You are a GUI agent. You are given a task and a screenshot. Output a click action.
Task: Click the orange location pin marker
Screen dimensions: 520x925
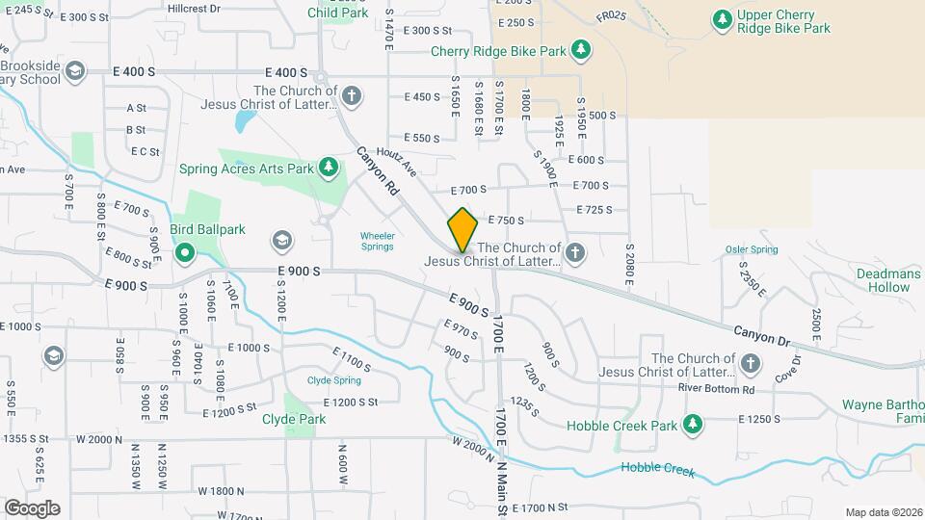click(462, 230)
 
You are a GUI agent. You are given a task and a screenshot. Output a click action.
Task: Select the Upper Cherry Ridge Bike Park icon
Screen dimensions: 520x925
click(722, 19)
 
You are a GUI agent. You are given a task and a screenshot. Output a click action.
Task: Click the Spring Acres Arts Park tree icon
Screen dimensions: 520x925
click(330, 168)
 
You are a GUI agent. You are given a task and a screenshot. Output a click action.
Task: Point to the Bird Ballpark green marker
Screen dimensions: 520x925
click(185, 253)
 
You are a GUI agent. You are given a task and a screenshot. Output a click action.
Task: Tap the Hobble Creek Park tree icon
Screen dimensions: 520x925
click(692, 425)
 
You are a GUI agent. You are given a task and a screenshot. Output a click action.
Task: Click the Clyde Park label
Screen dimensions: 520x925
click(294, 419)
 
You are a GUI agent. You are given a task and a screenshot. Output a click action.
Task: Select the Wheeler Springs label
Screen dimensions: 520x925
click(377, 241)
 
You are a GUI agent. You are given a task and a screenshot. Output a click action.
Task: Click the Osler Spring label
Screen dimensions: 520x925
click(752, 249)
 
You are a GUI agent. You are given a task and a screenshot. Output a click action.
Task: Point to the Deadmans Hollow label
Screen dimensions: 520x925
click(888, 280)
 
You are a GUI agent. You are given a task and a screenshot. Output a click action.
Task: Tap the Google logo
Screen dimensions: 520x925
click(32, 507)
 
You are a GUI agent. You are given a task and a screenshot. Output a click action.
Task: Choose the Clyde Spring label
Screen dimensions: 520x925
click(333, 380)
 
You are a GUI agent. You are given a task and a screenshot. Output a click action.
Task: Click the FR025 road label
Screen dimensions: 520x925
click(611, 16)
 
